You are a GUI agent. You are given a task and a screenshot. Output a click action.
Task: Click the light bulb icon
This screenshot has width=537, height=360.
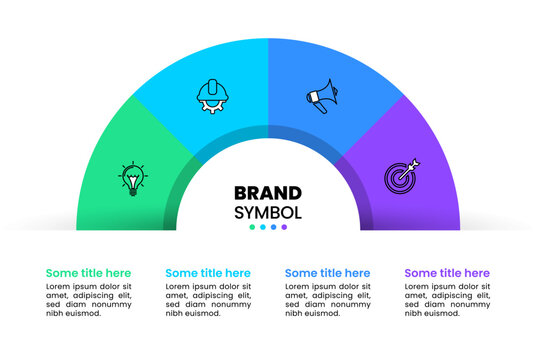pos(133,179)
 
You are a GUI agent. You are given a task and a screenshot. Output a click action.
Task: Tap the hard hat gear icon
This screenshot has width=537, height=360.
pos(212,96)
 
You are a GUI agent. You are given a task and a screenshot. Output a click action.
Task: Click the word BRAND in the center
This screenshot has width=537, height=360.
pos(267,193)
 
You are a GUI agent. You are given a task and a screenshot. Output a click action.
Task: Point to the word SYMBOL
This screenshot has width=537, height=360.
pos(267,212)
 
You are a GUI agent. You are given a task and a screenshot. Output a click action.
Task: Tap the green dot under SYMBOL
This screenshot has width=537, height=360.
pos(252,227)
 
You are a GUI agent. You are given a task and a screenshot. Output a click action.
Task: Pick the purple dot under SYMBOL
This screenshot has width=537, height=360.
pos(284,227)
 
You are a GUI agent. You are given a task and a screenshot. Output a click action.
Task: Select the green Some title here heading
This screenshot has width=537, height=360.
pos(88,272)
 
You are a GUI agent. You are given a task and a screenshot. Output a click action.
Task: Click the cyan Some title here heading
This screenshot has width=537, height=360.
pos(208,272)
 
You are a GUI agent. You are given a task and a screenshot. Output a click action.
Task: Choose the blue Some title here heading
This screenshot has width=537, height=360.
pos(327,272)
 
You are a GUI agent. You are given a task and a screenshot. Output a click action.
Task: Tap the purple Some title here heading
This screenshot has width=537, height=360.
pos(447,272)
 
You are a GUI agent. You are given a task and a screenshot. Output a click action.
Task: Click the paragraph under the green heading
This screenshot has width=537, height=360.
pos(88,299)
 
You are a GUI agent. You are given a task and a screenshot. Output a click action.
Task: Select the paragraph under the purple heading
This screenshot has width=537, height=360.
pos(447,299)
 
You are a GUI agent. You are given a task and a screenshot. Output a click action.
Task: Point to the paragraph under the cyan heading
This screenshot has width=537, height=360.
pos(208,299)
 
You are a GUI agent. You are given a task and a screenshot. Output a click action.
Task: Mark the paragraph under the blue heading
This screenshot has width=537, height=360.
pos(327,299)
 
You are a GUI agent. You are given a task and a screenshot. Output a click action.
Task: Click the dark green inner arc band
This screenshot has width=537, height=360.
pos(171,200)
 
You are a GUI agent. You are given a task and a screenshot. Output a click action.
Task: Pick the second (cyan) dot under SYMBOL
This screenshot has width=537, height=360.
pos(263,227)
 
